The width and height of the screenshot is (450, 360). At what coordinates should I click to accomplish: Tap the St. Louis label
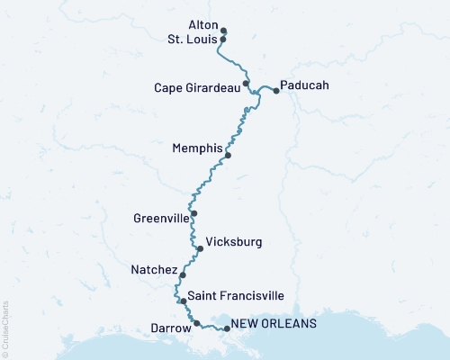pos(193,40)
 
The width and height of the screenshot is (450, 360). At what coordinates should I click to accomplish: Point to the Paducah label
pos(305,85)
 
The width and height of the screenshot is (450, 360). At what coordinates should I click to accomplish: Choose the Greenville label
pos(160,218)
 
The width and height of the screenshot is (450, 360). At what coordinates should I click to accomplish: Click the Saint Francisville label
pos(236,295)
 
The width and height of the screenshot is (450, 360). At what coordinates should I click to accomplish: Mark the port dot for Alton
pos(223,30)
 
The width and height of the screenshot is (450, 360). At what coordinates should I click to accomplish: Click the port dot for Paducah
pos(275,91)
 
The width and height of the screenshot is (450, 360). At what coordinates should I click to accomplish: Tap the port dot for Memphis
pos(228,155)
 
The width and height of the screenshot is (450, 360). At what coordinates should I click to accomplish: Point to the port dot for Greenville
pos(193,213)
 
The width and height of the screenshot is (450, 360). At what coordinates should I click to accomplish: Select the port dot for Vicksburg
pos(200,248)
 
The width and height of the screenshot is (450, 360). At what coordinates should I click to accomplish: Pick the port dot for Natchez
pos(183,275)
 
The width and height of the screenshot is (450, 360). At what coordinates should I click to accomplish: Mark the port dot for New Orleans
pos(227,328)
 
